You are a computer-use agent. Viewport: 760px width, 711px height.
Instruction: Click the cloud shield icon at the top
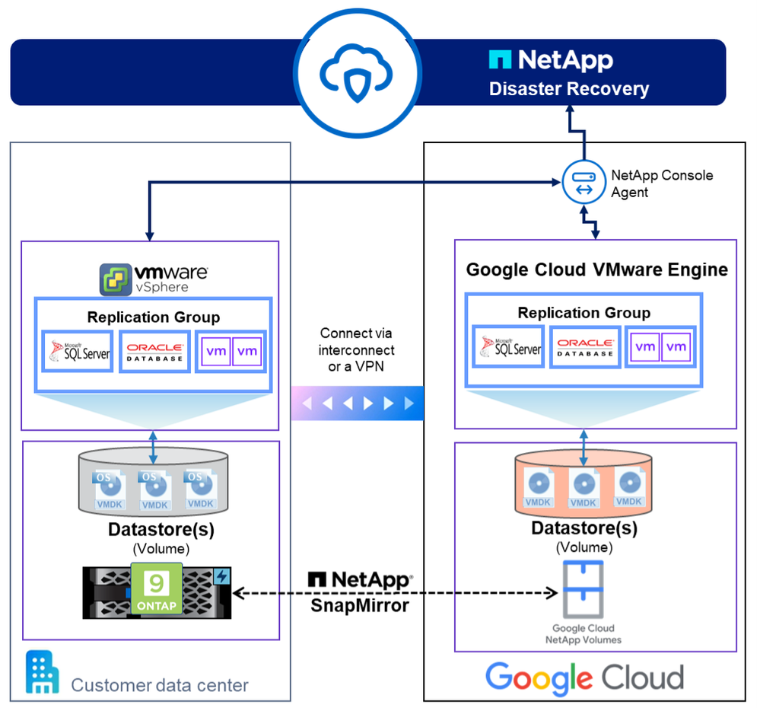(x=356, y=72)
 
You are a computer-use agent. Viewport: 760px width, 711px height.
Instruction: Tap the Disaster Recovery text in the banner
(x=568, y=88)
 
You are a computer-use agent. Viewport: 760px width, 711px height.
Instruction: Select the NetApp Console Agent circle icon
(x=583, y=183)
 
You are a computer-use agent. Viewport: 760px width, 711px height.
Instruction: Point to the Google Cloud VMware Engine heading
(x=596, y=269)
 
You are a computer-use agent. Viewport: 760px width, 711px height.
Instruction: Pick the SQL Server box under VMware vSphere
(x=77, y=352)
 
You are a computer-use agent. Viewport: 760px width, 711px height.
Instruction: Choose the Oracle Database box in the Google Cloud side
(x=584, y=347)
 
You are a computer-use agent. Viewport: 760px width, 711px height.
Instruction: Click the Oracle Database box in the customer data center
(x=154, y=352)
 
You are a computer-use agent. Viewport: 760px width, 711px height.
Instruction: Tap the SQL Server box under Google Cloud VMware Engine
(x=508, y=347)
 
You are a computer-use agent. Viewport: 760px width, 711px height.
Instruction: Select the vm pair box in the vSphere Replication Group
(x=231, y=352)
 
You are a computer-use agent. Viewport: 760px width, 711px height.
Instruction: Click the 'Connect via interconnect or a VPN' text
(x=357, y=350)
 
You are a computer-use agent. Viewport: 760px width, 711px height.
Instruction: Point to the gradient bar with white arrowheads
(x=357, y=403)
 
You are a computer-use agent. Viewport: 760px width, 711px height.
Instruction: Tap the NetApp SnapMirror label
(x=359, y=591)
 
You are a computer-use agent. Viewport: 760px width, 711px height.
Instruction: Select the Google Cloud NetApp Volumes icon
(x=583, y=589)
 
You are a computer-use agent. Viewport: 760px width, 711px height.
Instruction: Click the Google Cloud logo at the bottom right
(x=584, y=677)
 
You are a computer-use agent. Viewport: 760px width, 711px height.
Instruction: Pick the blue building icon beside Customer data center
(x=42, y=672)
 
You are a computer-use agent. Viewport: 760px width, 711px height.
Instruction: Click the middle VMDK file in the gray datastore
(x=154, y=491)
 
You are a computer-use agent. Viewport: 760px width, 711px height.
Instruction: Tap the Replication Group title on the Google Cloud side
(x=584, y=313)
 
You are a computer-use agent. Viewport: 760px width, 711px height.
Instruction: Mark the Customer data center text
(x=160, y=684)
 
